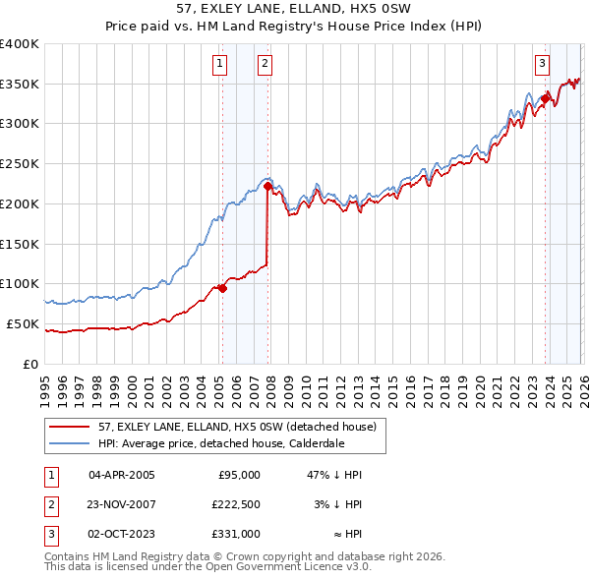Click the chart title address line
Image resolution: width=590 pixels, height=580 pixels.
tap(295, 9)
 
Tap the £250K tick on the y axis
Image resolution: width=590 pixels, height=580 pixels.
tap(20, 164)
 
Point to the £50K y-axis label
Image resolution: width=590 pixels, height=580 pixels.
tap(23, 323)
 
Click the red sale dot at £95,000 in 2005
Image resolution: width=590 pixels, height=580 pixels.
tap(222, 288)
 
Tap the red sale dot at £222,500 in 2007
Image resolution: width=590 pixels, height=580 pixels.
tap(267, 186)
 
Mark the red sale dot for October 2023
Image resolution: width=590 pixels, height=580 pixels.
tap(544, 98)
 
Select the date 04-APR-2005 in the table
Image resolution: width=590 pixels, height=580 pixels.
tap(122, 475)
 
